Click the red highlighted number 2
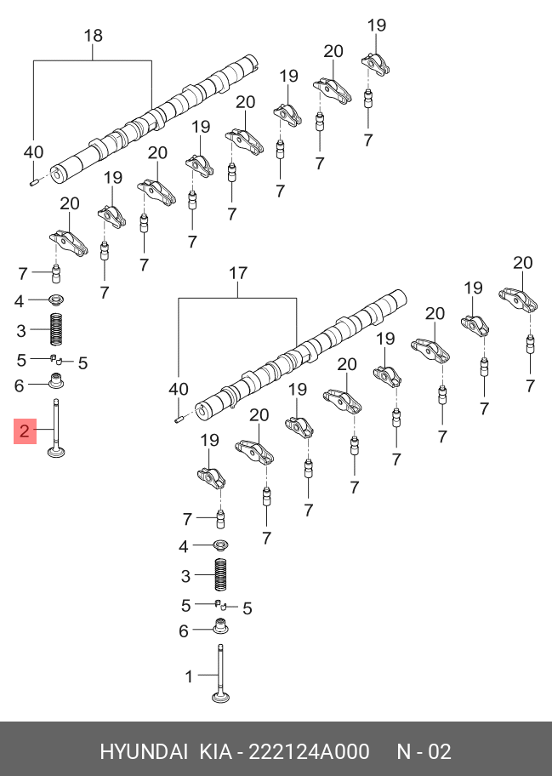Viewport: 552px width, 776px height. point(25,431)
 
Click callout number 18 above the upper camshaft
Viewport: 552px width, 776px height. point(93,36)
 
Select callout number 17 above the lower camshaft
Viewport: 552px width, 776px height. point(238,273)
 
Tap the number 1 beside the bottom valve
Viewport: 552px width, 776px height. point(189,676)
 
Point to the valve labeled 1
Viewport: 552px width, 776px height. point(221,676)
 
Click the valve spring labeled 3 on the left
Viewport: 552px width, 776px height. point(56,329)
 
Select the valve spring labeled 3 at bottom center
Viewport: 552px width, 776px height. point(221,576)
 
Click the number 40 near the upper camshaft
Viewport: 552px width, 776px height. point(33,152)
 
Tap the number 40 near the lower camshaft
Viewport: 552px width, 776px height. point(178,389)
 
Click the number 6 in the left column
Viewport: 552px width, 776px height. point(19,385)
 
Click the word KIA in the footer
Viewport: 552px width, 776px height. point(215,752)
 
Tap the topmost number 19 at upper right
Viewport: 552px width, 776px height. point(377,26)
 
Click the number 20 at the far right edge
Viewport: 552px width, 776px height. point(522,263)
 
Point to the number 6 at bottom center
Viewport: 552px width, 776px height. point(183,630)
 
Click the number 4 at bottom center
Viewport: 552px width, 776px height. point(183,545)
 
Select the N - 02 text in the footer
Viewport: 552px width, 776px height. point(424,752)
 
